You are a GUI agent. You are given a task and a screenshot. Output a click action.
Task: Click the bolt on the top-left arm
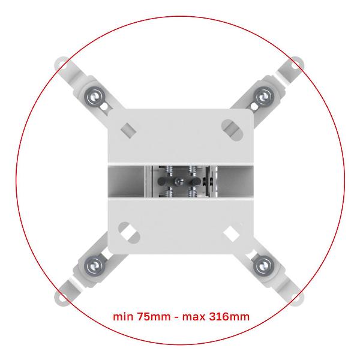[95, 97]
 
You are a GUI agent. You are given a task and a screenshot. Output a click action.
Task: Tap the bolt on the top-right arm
[264, 97]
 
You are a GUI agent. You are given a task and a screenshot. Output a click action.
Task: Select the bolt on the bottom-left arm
[95, 266]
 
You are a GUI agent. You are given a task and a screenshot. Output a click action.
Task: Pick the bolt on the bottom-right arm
[264, 266]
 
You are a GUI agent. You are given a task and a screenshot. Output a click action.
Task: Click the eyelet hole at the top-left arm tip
[62, 65]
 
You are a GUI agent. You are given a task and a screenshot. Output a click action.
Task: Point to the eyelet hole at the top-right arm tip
[296, 65]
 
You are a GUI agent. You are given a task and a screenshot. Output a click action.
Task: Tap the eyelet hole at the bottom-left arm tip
[62, 298]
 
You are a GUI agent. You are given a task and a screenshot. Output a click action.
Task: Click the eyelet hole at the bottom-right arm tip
[296, 298]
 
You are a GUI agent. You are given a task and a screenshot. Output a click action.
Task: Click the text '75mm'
[154, 317]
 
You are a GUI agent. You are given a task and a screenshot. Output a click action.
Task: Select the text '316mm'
[229, 317]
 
